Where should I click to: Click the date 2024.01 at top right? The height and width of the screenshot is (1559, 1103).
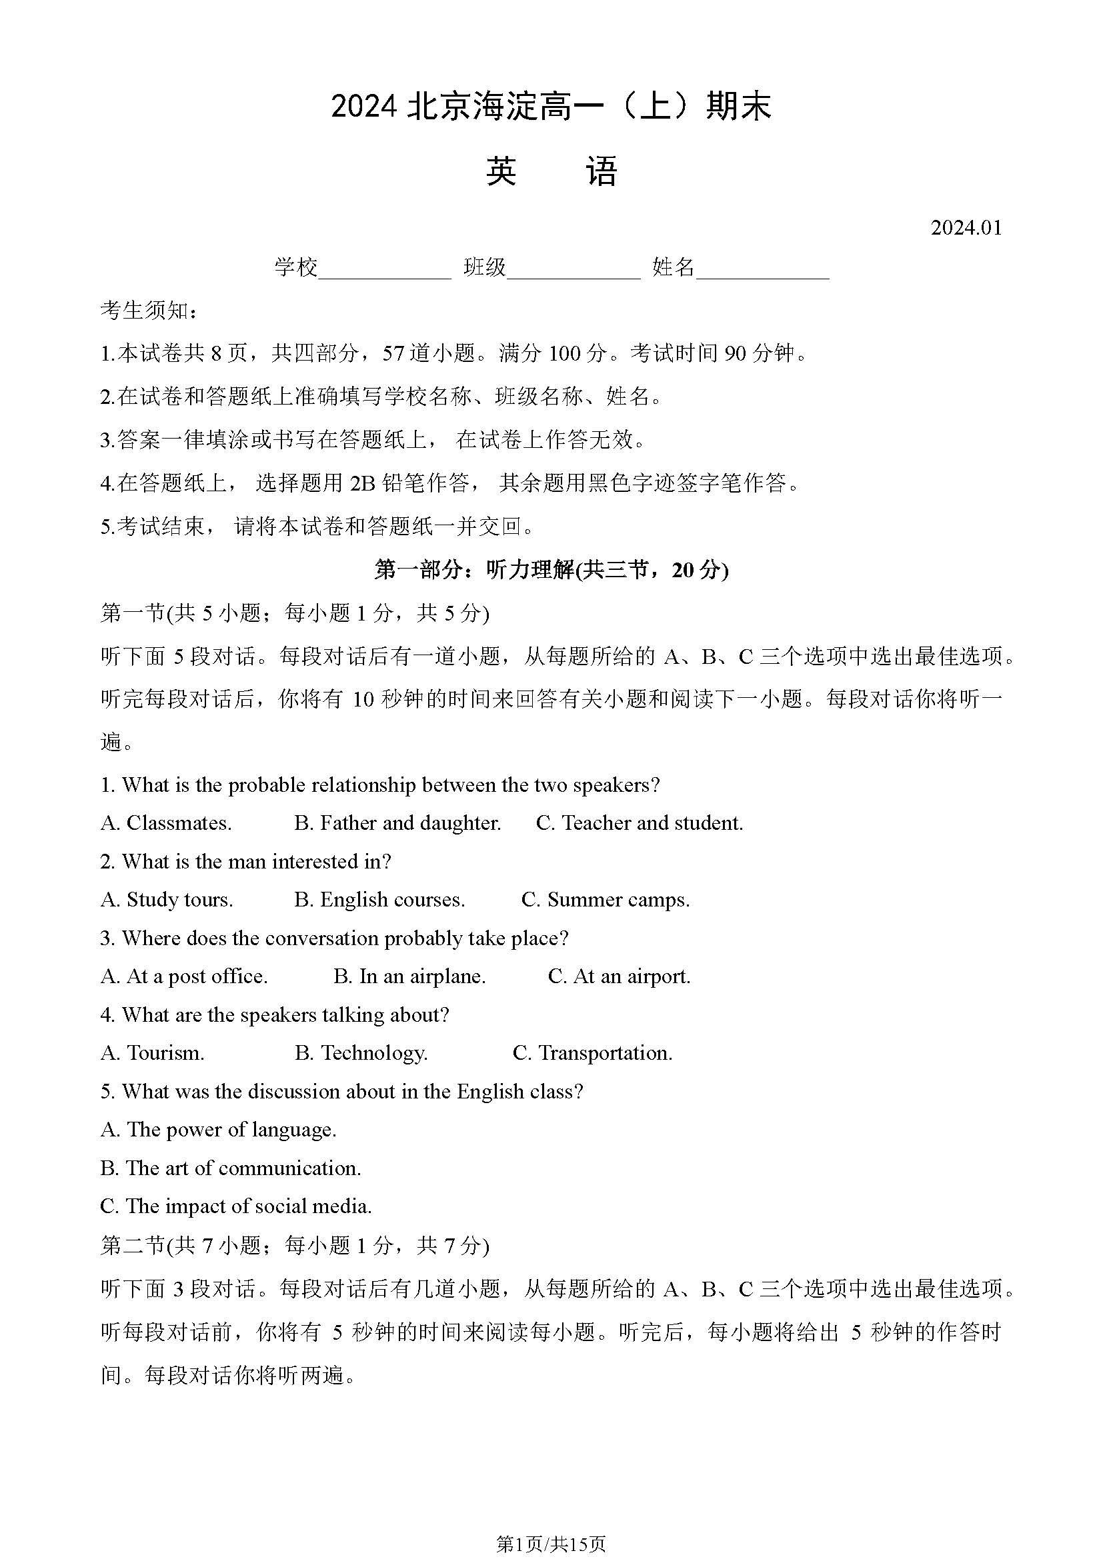tap(966, 227)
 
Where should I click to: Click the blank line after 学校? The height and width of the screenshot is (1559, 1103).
tap(384, 271)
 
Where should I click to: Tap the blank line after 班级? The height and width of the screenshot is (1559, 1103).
tap(574, 271)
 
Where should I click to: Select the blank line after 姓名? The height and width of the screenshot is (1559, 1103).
tap(762, 271)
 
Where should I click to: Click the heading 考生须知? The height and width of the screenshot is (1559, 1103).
tap(149, 311)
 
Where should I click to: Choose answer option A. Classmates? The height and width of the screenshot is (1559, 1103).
tap(166, 823)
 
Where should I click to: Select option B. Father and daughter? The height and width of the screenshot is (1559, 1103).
tap(397, 823)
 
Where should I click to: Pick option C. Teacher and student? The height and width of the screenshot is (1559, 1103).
tap(639, 823)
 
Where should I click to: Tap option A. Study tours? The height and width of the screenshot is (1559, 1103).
tap(167, 900)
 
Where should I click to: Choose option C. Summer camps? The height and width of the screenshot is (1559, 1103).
tap(605, 900)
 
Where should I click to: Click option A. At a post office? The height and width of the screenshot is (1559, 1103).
tap(184, 976)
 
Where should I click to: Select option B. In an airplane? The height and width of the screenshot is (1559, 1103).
tap(409, 976)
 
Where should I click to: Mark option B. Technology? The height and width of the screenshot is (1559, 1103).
tap(361, 1053)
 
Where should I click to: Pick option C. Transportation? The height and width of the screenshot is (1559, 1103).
tap(592, 1053)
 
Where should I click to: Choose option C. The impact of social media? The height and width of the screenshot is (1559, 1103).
tap(235, 1206)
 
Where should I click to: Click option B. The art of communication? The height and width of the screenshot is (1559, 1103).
tap(230, 1168)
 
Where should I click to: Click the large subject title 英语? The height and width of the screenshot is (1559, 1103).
tap(551, 171)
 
